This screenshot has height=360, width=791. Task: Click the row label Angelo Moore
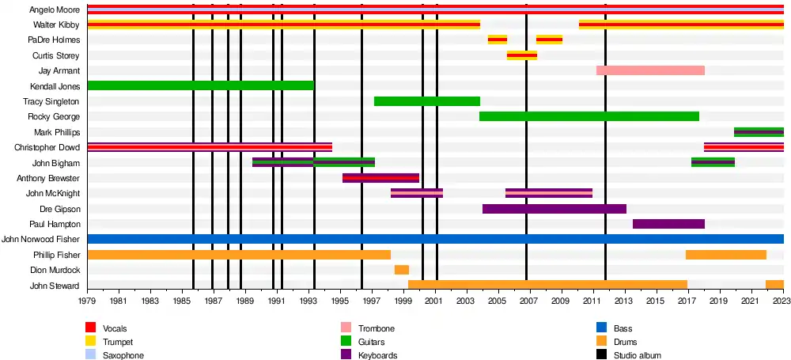click(55, 10)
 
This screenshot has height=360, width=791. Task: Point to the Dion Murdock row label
click(56, 270)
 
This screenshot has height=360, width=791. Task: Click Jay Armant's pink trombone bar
click(650, 70)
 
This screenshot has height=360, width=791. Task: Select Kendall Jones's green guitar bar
click(200, 85)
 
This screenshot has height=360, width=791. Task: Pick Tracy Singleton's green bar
click(427, 101)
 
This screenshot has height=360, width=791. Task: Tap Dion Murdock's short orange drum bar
click(402, 270)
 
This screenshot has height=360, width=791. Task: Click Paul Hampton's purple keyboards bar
click(668, 224)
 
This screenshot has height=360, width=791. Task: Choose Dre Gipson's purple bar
click(554, 209)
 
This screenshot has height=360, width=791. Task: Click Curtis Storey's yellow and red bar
click(522, 55)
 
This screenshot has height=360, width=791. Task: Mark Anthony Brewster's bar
click(380, 178)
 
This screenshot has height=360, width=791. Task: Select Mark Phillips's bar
click(759, 132)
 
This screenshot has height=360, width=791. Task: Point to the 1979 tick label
click(87, 301)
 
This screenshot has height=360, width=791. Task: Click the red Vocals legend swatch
click(91, 328)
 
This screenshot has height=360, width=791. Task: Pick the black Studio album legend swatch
click(602, 356)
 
